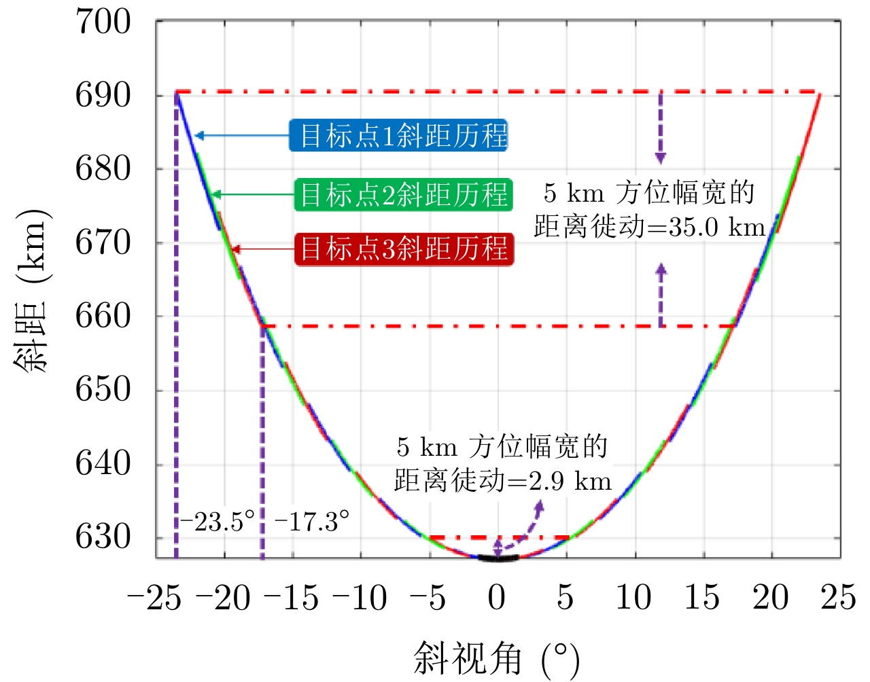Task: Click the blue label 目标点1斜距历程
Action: point(399,135)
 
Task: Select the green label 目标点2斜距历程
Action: point(404,194)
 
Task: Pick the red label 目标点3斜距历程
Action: point(404,249)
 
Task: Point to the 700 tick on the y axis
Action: point(103,22)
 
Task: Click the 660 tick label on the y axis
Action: point(103,316)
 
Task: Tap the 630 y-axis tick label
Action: point(103,537)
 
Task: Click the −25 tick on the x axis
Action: point(154,598)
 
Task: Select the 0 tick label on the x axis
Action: point(497,598)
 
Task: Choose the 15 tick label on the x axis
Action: point(701,598)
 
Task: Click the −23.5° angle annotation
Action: point(217,522)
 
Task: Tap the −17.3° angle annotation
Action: point(312,522)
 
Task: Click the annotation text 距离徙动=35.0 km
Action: point(650,227)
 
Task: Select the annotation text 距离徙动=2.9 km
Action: point(503,481)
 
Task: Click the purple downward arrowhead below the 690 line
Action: point(660,158)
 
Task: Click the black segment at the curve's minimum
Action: point(498,558)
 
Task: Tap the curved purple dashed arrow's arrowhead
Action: point(540,505)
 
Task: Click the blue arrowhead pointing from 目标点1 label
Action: point(198,136)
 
